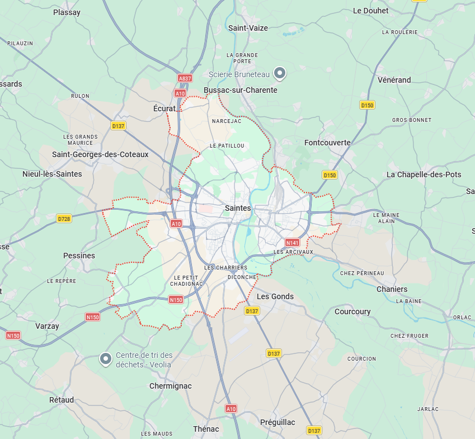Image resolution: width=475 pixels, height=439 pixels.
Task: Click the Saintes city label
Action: pos(237,208)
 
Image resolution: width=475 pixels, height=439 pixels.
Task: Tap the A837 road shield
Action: pos(184,79)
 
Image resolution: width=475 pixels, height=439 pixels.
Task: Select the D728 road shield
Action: pos(64,219)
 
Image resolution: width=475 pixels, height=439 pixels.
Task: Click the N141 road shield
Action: pos(292,243)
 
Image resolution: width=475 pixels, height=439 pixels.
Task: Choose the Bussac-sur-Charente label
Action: pos(241,90)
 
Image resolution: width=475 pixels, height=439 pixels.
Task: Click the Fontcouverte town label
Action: pos(327,143)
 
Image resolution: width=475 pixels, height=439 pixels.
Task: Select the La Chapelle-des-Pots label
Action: pos(424,174)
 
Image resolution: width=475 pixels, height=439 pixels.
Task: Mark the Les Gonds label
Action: pos(275,296)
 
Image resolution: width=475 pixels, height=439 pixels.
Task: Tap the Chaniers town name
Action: pos(392,289)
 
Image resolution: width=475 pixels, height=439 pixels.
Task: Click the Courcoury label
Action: pos(352,311)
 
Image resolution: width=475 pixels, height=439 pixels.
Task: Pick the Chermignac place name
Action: pos(170,386)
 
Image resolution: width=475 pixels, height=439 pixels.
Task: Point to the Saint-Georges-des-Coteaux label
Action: pos(100,154)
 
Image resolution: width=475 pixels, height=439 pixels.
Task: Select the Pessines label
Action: pos(79,256)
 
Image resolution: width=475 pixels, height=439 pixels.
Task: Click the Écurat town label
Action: pos(164,108)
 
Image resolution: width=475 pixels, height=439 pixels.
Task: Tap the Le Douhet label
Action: pos(371,11)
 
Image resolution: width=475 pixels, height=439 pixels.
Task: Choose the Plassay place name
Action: pos(67,12)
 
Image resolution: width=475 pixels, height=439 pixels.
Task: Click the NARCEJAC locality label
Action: pos(226,121)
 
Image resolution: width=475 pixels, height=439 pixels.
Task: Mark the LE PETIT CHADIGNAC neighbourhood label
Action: pos(188,280)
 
